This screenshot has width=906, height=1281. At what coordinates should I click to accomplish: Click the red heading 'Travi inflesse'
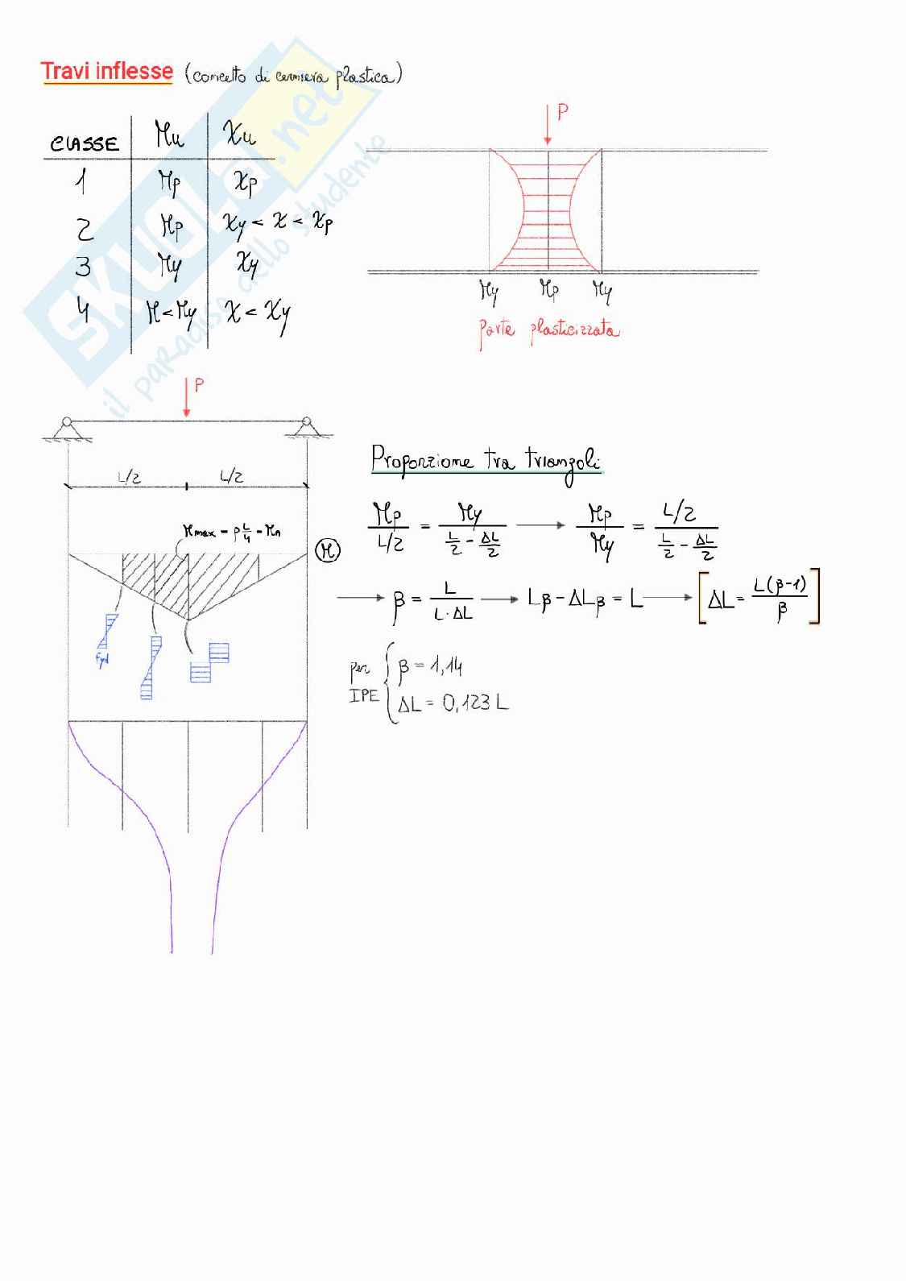click(106, 72)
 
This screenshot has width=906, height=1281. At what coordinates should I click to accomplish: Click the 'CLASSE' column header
click(85, 144)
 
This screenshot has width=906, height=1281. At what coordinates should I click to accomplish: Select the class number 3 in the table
click(83, 267)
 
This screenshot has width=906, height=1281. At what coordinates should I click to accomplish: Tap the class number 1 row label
click(81, 184)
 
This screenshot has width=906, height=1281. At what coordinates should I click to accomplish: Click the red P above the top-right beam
click(562, 113)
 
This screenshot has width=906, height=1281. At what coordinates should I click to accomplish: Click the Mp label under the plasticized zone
click(548, 289)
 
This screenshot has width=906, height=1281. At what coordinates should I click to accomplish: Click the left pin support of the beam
click(67, 428)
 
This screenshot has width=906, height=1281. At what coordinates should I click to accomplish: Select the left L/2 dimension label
click(129, 477)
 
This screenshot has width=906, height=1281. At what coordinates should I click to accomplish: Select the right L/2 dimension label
click(232, 477)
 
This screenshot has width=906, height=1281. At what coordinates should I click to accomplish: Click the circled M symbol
click(327, 551)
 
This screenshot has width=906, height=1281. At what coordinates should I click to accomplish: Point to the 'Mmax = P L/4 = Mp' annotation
click(232, 532)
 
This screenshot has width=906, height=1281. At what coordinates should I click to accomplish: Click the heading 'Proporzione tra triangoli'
click(486, 461)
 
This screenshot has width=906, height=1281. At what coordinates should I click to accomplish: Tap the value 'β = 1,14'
click(430, 666)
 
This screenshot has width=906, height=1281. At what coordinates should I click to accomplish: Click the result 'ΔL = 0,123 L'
click(453, 703)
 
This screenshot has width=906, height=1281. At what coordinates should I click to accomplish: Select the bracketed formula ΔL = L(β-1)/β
click(759, 597)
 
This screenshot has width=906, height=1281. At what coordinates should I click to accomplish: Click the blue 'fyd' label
click(102, 660)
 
